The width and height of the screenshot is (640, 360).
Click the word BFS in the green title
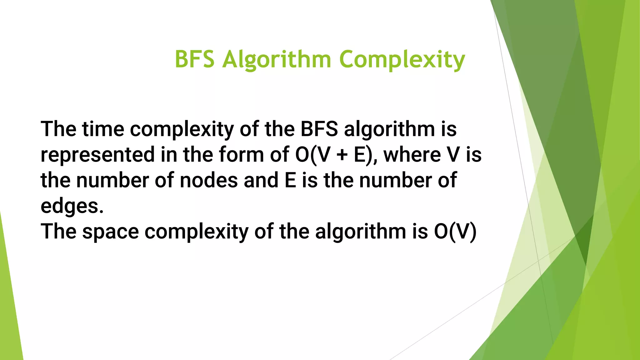click(x=194, y=59)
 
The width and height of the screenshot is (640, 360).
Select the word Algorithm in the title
click(x=277, y=60)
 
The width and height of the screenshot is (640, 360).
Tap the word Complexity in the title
click(x=402, y=60)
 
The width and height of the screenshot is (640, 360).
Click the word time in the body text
click(x=103, y=129)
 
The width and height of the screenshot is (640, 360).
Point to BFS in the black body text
click(x=319, y=129)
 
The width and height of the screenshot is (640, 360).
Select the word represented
click(x=97, y=155)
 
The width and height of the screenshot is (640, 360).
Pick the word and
click(x=261, y=180)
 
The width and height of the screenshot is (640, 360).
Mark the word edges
click(x=72, y=206)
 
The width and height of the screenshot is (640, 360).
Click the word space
click(x=110, y=232)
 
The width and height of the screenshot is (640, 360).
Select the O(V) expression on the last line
click(x=455, y=232)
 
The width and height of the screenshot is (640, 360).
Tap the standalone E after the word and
click(x=290, y=180)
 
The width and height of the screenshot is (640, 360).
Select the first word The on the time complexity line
click(x=58, y=129)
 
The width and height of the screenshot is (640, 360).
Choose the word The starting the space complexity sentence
click(x=58, y=232)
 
